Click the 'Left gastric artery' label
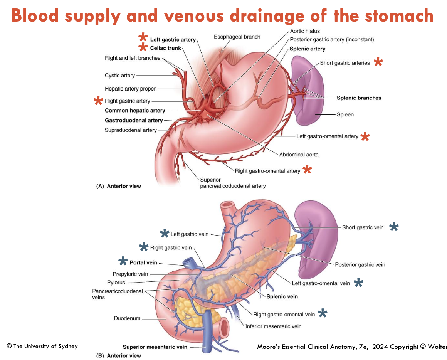tap(173, 40)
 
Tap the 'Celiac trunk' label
tap(166, 49)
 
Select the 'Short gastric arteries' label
tap(344, 63)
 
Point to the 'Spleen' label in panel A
tap(345, 114)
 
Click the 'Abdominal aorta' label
tap(299, 155)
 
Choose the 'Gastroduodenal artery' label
tap(134, 121)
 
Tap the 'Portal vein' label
tap(143, 263)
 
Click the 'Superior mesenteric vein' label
tap(155, 347)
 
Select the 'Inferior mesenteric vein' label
tap(273, 326)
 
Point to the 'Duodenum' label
tap(127, 318)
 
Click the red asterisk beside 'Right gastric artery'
tap(98, 101)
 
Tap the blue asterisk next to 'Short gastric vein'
tap(393, 227)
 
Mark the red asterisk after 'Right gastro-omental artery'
tap(307, 170)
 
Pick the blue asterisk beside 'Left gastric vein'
tap(165, 234)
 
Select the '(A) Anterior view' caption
tap(119, 186)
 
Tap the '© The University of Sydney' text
tap(42, 346)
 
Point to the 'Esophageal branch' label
tap(237, 37)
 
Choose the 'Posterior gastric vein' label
tap(360, 265)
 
